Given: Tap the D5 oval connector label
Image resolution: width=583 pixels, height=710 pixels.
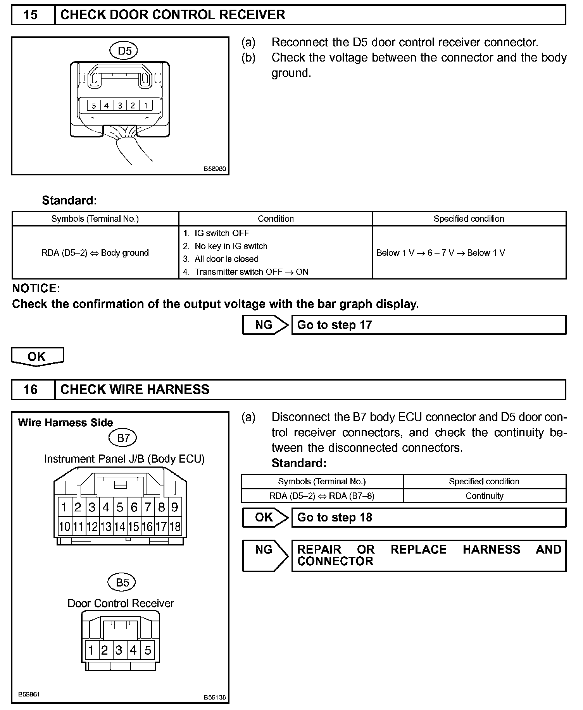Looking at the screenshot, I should (124, 51).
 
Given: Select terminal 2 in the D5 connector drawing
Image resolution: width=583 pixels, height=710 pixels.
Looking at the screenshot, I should (133, 105).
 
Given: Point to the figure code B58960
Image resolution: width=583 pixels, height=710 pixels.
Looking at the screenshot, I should (215, 169).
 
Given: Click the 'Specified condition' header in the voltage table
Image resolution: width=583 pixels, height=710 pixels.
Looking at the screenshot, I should (469, 219).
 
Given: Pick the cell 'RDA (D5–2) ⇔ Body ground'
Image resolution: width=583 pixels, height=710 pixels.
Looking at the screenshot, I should (95, 253).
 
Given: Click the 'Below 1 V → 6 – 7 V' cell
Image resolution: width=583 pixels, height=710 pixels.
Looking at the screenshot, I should (441, 253).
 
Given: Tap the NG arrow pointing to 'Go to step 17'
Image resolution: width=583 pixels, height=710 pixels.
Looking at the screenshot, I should (265, 325).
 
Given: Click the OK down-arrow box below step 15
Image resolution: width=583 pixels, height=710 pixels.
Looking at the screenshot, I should (37, 356).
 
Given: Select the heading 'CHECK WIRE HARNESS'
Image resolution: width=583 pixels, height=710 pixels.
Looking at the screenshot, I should (135, 389).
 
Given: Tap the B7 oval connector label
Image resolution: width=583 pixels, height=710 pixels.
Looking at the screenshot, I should (123, 438).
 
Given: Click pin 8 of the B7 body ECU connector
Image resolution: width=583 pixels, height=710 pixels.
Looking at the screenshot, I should (162, 507).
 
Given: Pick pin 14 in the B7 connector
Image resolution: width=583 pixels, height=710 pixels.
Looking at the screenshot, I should (120, 526).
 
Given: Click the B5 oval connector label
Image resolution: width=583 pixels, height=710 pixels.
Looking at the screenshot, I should (122, 582).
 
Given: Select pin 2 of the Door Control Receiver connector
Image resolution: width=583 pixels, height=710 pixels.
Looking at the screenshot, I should (104, 650).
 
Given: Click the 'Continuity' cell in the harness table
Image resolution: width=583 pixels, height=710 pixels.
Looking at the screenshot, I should (484, 496).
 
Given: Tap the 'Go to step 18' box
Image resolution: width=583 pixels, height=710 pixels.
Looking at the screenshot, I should (428, 518).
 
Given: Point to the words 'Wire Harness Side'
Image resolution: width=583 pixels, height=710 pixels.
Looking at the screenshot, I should (65, 422).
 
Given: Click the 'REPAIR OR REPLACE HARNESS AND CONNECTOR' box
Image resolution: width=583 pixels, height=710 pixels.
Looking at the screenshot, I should (428, 556).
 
